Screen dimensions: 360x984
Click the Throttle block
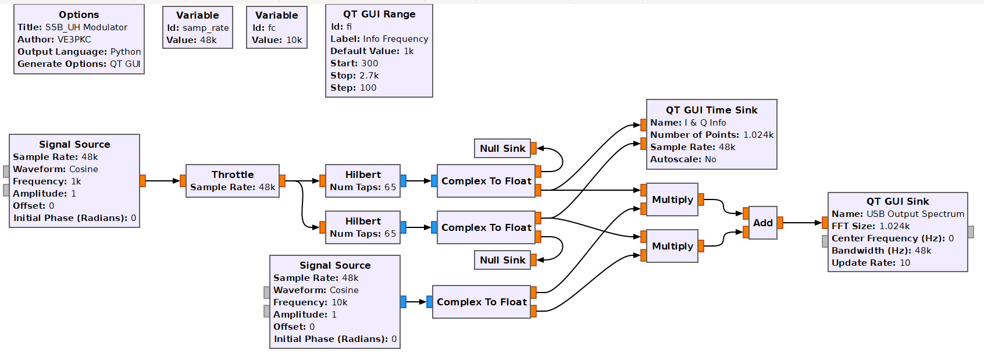click(232, 181)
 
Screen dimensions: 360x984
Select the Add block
click(762, 223)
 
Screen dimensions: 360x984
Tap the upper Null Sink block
click(502, 148)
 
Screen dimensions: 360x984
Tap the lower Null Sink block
click(502, 260)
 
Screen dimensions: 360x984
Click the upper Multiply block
click(672, 199)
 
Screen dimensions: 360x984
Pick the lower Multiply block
click(672, 246)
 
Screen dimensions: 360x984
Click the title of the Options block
click(79, 15)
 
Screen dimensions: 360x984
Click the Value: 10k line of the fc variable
click(277, 40)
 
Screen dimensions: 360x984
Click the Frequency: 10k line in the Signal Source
click(311, 302)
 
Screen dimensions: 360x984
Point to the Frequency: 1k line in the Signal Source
click(47, 181)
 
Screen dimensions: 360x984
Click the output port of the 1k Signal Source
click(142, 181)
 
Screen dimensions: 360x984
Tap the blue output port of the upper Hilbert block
click(403, 181)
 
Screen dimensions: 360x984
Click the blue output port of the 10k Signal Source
click(403, 302)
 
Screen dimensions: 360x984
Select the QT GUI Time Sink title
click(711, 110)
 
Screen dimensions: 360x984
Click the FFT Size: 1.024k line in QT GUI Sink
click(871, 226)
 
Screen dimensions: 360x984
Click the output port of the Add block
click(780, 223)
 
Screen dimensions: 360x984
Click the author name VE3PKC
click(74, 40)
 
